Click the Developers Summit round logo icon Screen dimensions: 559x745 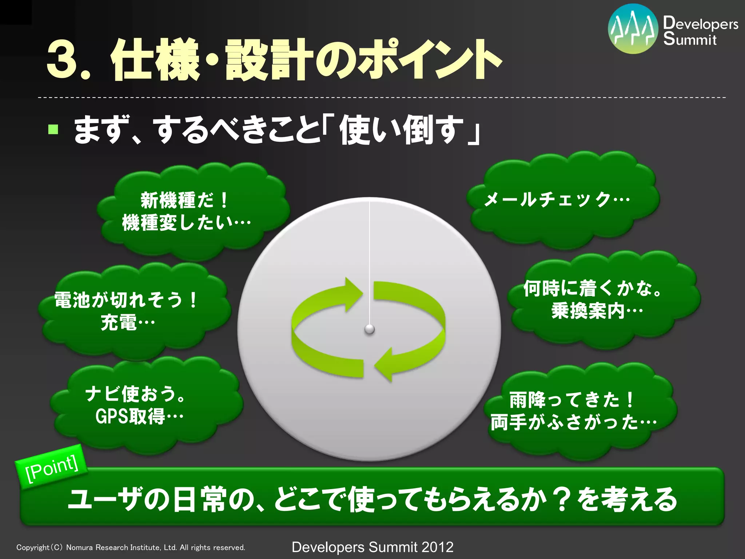point(633,29)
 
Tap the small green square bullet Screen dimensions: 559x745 point(53,129)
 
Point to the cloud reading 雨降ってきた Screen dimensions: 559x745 point(578,411)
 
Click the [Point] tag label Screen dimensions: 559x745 point(52,467)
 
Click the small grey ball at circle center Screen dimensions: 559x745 point(370,329)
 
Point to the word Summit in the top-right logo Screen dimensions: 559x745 point(689,39)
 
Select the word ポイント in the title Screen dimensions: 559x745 point(429,60)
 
